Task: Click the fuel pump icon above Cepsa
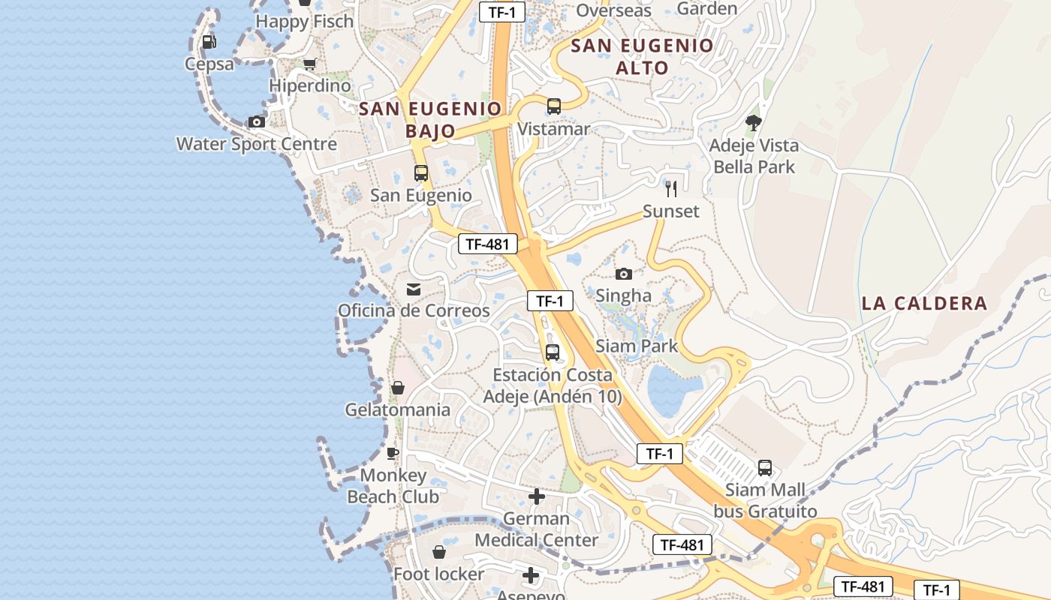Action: tap(209, 42)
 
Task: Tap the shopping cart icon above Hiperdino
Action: tap(309, 64)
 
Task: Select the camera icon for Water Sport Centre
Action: tap(257, 121)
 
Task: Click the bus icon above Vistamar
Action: tap(554, 106)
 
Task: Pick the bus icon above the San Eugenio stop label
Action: tap(421, 173)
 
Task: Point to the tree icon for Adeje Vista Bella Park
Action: tap(754, 122)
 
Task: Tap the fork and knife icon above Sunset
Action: tap(671, 189)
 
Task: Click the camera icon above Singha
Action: tap(624, 274)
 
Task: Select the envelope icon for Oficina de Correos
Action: tap(414, 289)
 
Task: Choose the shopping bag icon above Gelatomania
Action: tap(398, 388)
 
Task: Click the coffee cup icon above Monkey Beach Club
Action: tap(392, 453)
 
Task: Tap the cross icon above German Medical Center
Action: tap(537, 496)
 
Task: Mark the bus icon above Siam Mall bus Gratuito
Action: tap(765, 468)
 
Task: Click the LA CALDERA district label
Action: tap(924, 304)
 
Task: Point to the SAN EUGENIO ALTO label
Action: tap(642, 56)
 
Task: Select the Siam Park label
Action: tap(637, 346)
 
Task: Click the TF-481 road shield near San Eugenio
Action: tap(488, 244)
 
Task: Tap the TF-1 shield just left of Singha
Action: tap(550, 301)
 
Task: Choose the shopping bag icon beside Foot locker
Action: tap(439, 552)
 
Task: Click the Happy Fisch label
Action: tap(304, 22)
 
